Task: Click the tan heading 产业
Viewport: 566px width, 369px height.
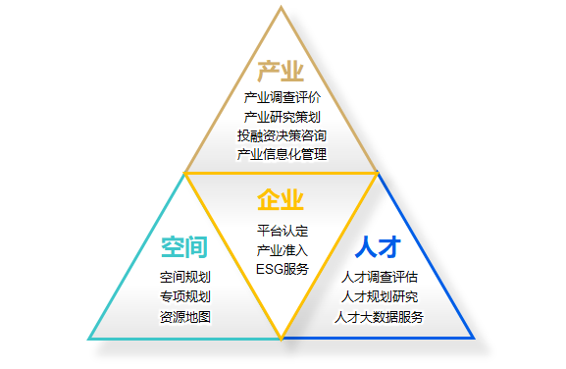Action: (281, 72)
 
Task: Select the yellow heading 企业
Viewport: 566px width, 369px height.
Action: (281, 201)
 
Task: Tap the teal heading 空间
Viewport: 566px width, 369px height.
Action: (184, 247)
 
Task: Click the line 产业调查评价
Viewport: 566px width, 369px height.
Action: (282, 98)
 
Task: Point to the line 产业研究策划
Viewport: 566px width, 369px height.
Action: (282, 117)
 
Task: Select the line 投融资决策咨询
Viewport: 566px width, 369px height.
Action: (282, 135)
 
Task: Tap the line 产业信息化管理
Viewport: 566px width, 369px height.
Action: (282, 154)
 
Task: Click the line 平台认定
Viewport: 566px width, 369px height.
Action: (283, 232)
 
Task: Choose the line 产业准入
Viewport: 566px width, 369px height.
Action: (283, 250)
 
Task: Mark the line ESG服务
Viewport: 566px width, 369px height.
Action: (283, 269)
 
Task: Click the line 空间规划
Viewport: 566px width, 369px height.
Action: (184, 278)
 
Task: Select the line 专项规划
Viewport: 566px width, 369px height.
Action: (184, 296)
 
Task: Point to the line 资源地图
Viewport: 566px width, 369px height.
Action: (184, 316)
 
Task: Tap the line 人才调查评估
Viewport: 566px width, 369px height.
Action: (379, 278)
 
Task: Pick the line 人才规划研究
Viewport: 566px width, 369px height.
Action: (379, 296)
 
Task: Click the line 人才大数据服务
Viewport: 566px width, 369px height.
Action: (379, 316)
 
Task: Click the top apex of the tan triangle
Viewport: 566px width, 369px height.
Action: (282, 8)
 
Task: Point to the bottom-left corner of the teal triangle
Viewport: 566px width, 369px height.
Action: (90, 339)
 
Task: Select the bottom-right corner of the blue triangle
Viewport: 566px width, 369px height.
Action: (474, 339)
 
